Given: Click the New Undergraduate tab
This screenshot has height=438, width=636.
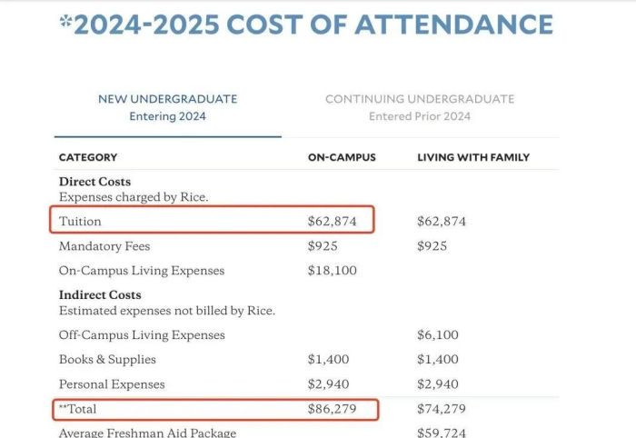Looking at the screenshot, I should (x=167, y=107).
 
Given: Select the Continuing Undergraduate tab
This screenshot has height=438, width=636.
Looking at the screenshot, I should (x=419, y=107).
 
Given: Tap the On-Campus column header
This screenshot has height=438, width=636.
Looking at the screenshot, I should (x=342, y=157).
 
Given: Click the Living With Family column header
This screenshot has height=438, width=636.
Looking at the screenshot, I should (x=473, y=157).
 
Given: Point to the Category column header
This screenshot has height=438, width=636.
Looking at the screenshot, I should (x=88, y=157).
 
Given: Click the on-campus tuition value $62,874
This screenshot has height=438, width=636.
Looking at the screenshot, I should (x=332, y=221).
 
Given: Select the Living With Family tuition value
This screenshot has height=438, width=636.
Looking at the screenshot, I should (x=442, y=221).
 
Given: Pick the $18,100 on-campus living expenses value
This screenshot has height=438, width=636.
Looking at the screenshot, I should (x=332, y=270).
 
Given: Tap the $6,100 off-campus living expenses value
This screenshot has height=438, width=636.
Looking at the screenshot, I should (x=438, y=334).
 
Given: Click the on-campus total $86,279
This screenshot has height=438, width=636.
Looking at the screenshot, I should (x=332, y=409).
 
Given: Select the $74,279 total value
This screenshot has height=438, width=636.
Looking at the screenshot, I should (x=442, y=409).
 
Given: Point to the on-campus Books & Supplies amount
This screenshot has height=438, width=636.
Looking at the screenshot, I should (x=328, y=359).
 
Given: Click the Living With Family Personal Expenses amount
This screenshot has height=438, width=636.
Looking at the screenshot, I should (x=438, y=383).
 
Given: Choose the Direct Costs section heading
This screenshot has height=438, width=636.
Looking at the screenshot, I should (x=94, y=182).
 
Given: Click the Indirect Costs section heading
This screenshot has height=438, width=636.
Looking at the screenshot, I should (x=100, y=295).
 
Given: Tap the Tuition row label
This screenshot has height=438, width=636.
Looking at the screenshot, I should (x=80, y=221).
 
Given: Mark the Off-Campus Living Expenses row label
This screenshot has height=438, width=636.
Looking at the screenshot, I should (x=142, y=334).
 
